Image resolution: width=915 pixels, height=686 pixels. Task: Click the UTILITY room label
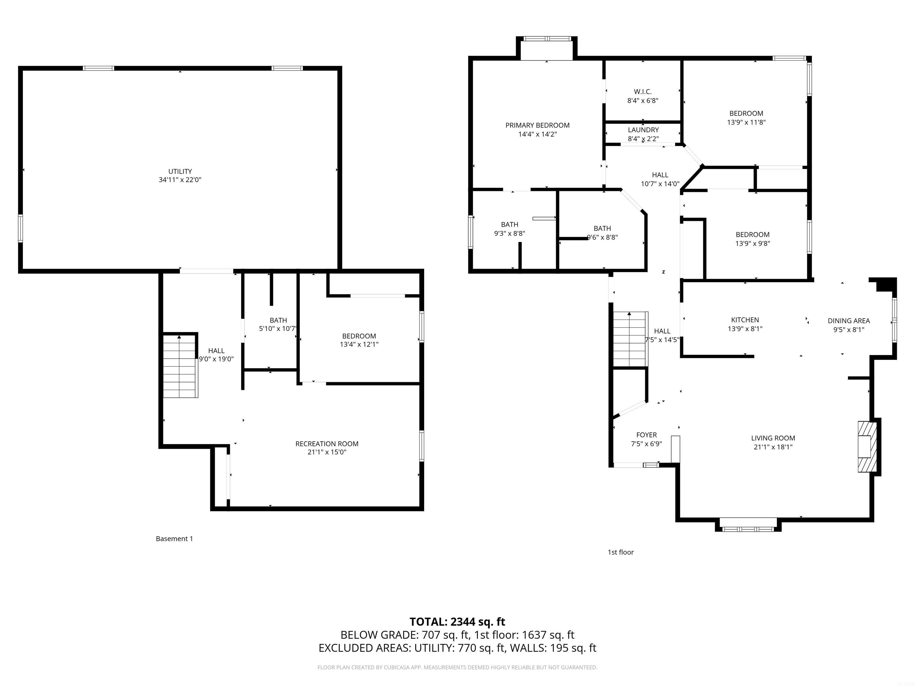[180, 171]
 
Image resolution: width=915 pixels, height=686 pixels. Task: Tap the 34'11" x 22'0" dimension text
[180, 180]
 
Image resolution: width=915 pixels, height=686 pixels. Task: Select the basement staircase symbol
[180, 366]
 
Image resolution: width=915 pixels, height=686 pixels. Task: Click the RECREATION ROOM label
[327, 444]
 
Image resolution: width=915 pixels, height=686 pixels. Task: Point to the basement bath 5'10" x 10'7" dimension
[278, 329]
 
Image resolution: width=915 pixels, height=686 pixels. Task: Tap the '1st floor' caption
[620, 552]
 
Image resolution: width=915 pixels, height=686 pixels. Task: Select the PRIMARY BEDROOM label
[537, 125]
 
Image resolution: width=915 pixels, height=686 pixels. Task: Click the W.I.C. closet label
[642, 92]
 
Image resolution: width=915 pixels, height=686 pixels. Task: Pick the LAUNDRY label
[643, 130]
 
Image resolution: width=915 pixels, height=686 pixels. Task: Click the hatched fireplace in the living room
[867, 447]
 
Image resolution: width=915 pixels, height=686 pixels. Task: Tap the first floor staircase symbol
[629, 339]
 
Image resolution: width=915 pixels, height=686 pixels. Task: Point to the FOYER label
[646, 435]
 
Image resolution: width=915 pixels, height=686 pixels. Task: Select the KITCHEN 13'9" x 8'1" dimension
[745, 329]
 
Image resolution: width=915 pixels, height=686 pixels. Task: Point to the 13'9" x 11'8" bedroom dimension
[746, 122]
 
